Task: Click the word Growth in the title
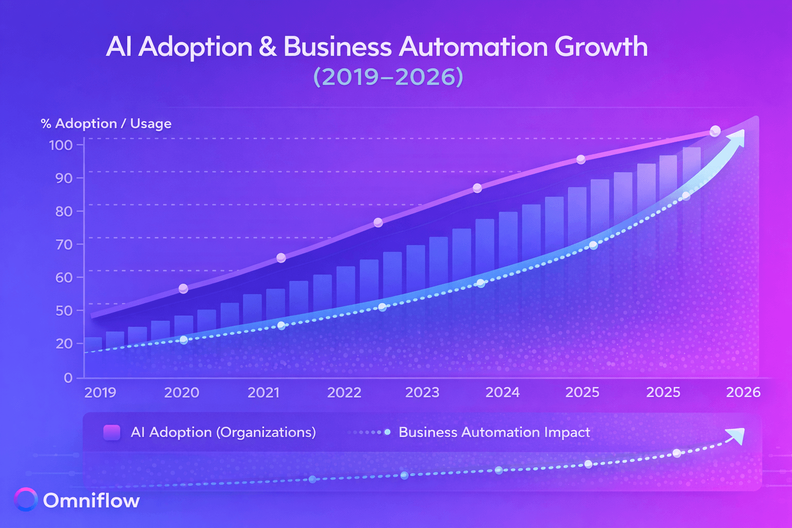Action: pos(601,47)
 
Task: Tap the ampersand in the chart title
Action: pos(267,47)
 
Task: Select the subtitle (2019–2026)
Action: pos(388,77)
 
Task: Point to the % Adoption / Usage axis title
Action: pos(106,124)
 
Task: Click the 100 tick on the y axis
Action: pos(61,145)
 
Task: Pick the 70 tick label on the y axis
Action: pos(64,244)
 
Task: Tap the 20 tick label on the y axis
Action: pos(64,344)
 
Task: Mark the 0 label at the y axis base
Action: pos(68,378)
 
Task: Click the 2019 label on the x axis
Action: pos(100,393)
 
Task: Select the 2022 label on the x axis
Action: pos(344,393)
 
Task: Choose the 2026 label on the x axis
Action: pos(743,393)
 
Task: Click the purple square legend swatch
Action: pos(112,433)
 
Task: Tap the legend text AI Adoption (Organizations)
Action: pos(223,433)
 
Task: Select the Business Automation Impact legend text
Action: pos(494,433)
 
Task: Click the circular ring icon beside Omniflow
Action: pos(26,500)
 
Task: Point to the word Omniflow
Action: pos(91,501)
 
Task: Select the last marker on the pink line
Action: pos(715,131)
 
